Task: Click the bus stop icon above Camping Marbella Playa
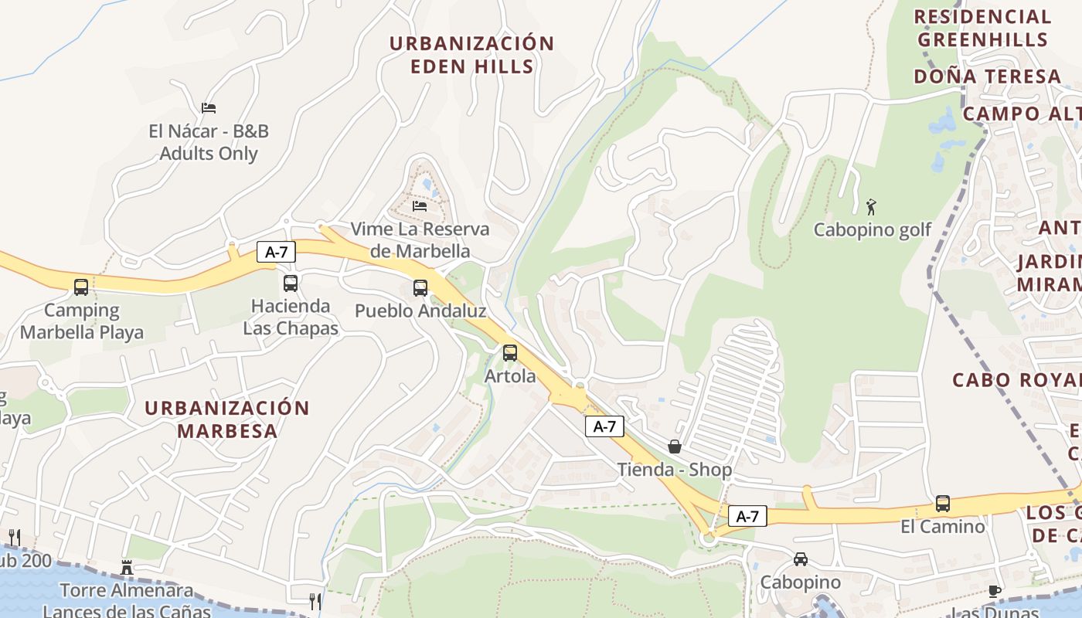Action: [x=81, y=287]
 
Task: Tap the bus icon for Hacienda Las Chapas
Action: [x=291, y=284]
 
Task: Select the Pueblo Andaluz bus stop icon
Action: [x=420, y=288]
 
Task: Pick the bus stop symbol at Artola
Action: [x=510, y=353]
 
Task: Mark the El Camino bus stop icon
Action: [x=943, y=504]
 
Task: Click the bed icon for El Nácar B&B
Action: [x=209, y=107]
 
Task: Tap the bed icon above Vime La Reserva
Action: [x=420, y=206]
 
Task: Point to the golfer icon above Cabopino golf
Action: [x=872, y=207]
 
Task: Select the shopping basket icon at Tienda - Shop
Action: [x=675, y=447]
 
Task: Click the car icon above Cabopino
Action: [x=801, y=559]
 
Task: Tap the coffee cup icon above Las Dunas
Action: [x=995, y=592]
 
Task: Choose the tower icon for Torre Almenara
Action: [x=127, y=569]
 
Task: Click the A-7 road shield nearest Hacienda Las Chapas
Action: [x=277, y=252]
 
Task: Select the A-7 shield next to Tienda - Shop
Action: [x=604, y=426]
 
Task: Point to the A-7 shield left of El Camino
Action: [x=747, y=517]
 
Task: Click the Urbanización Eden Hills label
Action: [x=471, y=55]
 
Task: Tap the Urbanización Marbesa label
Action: [x=227, y=419]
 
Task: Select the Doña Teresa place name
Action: [x=988, y=76]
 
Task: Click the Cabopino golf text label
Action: [x=873, y=230]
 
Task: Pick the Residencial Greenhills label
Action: [x=982, y=28]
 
